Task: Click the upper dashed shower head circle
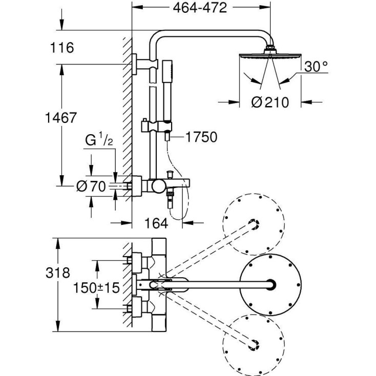pyautogui.click(x=253, y=223)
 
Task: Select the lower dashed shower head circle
pyautogui.click(x=253, y=340)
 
